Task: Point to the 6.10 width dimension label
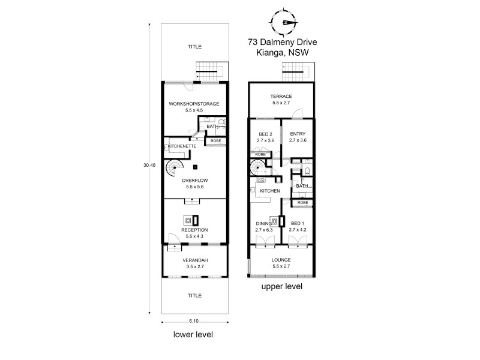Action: click(194, 321)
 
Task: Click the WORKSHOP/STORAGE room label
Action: click(194, 104)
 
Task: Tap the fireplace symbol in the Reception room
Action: click(188, 220)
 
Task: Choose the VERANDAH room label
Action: click(194, 260)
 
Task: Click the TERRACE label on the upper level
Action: click(281, 96)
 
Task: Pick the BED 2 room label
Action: click(265, 134)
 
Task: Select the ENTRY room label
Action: click(298, 134)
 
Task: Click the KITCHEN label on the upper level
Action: click(270, 191)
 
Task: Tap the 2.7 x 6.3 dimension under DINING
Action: click(264, 230)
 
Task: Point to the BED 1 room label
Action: click(298, 223)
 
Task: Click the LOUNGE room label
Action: click(281, 260)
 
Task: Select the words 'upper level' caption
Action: click(281, 287)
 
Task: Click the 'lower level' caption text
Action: click(193, 334)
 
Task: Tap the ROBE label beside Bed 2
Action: click(260, 154)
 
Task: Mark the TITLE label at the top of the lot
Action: click(194, 46)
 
